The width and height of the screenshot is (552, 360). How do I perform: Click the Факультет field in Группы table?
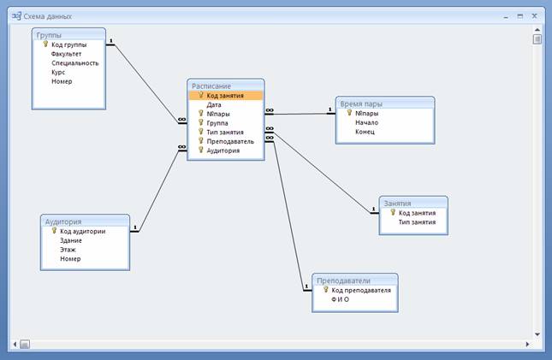(x=66, y=54)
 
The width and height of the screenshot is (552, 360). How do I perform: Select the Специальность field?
(x=75, y=63)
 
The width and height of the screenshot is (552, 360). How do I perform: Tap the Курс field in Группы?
(x=58, y=72)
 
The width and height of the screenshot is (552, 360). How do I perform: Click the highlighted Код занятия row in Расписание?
(x=225, y=96)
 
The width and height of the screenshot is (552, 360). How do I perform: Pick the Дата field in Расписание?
(x=214, y=105)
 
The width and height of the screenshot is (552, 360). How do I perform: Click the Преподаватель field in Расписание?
(x=230, y=141)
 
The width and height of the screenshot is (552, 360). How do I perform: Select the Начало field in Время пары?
(x=366, y=122)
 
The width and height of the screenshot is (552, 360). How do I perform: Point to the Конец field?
(x=365, y=132)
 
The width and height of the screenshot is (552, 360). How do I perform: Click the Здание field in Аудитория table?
(x=71, y=240)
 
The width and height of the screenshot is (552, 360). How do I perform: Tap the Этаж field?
(x=68, y=250)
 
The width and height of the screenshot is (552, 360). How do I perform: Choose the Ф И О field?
(x=340, y=299)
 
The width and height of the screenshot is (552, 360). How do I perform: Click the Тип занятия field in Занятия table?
(x=417, y=222)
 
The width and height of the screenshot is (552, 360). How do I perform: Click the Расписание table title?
(x=211, y=86)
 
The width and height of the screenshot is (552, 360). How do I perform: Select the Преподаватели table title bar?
(x=355, y=280)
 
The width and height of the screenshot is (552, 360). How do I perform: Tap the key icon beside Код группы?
(x=45, y=44)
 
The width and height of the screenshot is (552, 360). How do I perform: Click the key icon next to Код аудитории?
(x=54, y=231)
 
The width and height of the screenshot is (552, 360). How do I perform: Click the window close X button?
(x=534, y=16)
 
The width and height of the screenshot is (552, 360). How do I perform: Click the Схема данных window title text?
(x=48, y=16)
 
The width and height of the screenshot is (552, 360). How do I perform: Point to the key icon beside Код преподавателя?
(x=326, y=289)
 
